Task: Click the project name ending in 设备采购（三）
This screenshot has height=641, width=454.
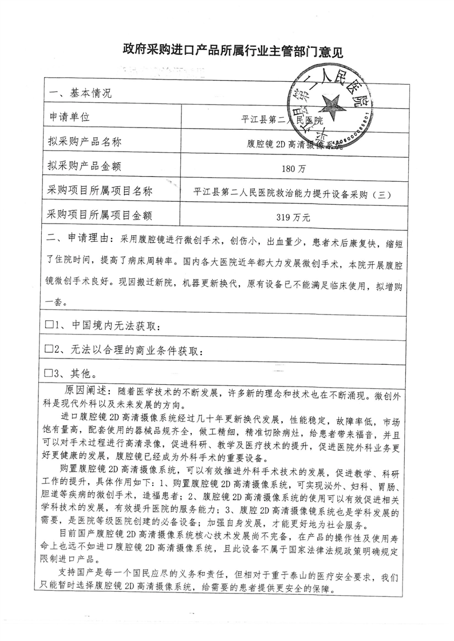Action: pyautogui.click(x=293, y=193)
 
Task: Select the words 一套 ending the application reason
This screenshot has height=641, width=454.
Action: pyautogui.click(x=56, y=301)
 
